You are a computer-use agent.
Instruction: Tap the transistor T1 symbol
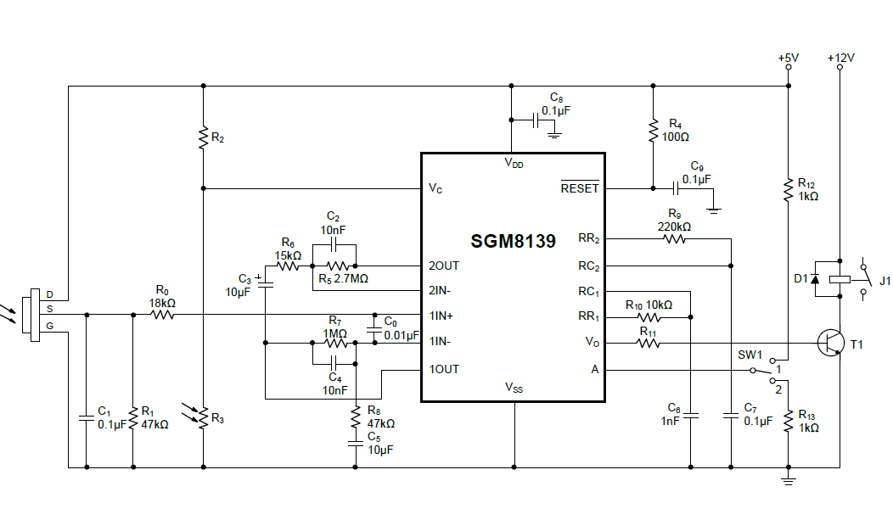[x=830, y=342]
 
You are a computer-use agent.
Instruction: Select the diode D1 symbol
[x=816, y=278]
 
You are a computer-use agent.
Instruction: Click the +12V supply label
[x=840, y=59]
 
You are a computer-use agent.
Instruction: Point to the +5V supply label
[x=788, y=59]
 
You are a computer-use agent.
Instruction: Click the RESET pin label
[x=580, y=188]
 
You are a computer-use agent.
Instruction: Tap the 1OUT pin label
[x=443, y=369]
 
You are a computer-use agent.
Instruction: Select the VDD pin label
[x=514, y=164]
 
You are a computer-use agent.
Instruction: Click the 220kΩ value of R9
[x=674, y=226]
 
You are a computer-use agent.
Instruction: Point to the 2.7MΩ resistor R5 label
[x=345, y=278]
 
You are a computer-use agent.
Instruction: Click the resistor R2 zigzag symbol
[x=203, y=137]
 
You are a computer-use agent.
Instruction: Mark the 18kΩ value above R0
[x=161, y=303]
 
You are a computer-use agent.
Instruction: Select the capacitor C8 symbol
[x=536, y=120]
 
